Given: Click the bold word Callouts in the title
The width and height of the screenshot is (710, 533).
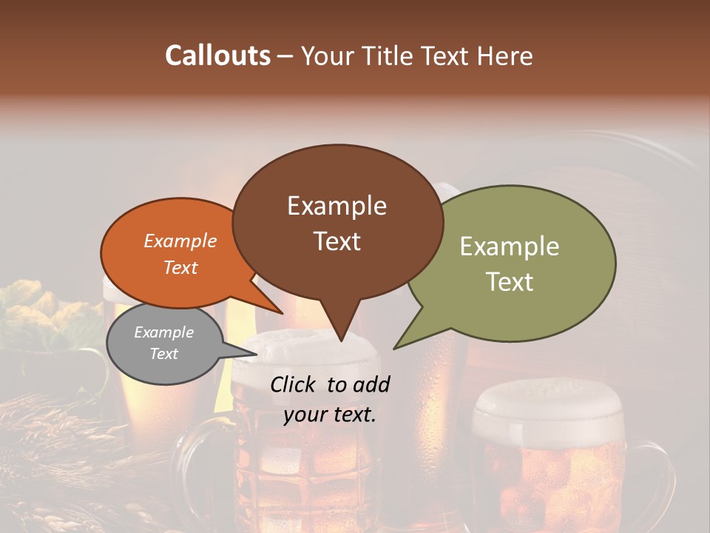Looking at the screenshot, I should [x=217, y=56].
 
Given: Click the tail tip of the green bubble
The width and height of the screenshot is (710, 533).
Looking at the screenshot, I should [x=395, y=348].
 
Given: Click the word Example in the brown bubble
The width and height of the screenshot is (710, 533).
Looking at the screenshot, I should [x=337, y=206].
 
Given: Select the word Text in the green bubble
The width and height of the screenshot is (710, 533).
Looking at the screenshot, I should [x=510, y=282].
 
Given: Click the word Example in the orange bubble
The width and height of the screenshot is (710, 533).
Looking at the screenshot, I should [x=180, y=241].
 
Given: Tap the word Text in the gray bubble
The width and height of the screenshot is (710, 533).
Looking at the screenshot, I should [x=163, y=354].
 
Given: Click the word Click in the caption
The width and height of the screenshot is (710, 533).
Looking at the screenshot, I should [x=294, y=384].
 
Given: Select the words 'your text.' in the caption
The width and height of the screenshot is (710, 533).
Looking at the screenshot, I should [x=329, y=415].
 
